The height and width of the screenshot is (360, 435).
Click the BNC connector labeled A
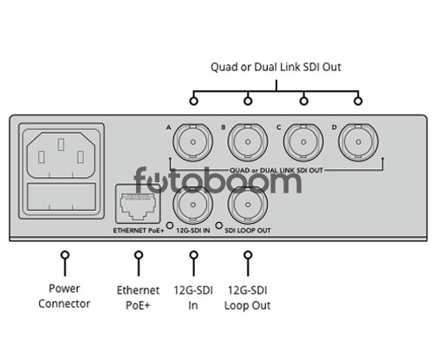tap(193, 142)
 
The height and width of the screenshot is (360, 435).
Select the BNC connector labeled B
tap(248, 142)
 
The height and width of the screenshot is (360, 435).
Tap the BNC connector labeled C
tap(303, 142)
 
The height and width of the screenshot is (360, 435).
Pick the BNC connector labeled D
tap(359, 142)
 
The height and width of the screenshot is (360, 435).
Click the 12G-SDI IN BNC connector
tap(193, 205)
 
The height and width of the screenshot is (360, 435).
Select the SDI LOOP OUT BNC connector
tap(248, 205)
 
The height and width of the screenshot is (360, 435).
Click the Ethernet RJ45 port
tap(138, 204)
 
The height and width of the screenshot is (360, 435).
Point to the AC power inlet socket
tap(61, 154)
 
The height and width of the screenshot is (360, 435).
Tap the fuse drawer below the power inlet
tap(62, 197)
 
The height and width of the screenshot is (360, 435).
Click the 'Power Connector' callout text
tap(64, 296)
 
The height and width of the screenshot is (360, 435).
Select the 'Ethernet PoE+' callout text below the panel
tap(138, 298)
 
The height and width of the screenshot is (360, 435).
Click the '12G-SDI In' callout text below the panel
tap(193, 298)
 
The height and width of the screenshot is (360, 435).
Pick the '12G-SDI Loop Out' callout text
tap(248, 298)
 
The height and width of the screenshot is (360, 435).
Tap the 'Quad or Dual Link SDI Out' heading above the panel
tap(276, 67)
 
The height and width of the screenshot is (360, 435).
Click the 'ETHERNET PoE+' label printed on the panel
tap(139, 231)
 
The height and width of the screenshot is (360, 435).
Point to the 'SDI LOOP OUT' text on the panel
tap(248, 231)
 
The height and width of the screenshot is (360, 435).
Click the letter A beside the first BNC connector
tap(169, 128)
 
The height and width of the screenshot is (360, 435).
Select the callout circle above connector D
tap(358, 101)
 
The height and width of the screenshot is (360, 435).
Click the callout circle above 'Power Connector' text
tap(65, 255)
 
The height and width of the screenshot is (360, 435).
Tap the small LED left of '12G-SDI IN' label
tap(170, 226)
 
